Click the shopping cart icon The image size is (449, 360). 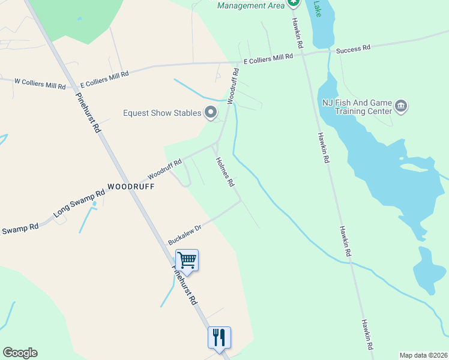(x=187, y=260)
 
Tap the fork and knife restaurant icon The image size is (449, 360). (x=219, y=337)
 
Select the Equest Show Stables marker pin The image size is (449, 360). (x=210, y=112)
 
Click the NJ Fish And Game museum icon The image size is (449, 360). (x=402, y=107)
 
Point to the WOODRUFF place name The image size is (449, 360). (x=131, y=187)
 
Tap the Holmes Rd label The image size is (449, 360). (x=224, y=172)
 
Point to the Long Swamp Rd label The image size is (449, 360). (x=79, y=203)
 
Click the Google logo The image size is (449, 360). (x=20, y=353)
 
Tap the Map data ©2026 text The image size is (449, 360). (x=423, y=355)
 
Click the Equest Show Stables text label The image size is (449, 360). (x=161, y=113)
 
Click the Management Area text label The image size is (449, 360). (x=250, y=5)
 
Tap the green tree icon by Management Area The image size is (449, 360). (x=293, y=2)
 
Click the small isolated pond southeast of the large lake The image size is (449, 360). (x=428, y=273)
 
